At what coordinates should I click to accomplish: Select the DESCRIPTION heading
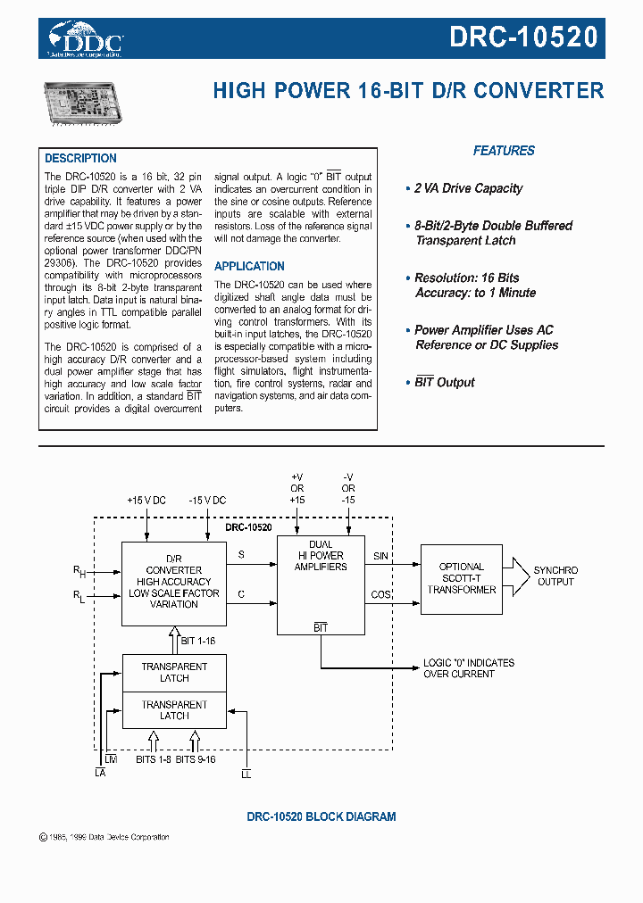(x=80, y=158)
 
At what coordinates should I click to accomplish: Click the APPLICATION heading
(x=249, y=266)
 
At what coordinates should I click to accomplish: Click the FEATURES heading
(x=504, y=151)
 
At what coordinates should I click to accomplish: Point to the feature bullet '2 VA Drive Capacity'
(x=468, y=188)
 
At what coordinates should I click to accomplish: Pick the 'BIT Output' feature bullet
(x=444, y=382)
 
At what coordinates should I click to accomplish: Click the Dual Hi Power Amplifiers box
(x=321, y=584)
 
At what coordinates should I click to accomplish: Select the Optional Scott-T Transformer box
(x=462, y=578)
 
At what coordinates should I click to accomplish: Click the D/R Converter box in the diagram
(x=174, y=582)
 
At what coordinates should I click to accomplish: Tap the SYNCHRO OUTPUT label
(x=555, y=576)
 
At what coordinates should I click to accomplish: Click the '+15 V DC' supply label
(x=146, y=501)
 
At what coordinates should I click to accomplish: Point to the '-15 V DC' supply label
(x=207, y=501)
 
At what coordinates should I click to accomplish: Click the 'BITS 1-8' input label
(x=153, y=759)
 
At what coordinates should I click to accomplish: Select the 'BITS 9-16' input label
(x=196, y=759)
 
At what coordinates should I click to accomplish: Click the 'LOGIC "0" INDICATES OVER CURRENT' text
(x=468, y=668)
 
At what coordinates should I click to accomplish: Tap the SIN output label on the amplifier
(x=380, y=556)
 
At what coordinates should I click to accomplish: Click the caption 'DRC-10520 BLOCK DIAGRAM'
(x=321, y=816)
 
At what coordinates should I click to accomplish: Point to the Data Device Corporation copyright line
(x=104, y=837)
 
